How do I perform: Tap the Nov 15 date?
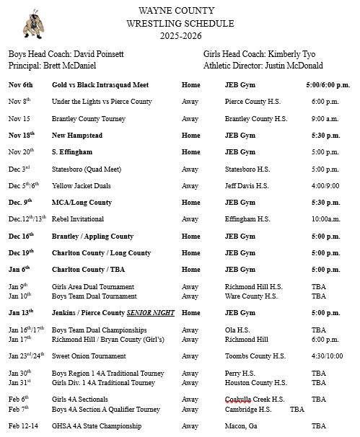[x=19, y=119]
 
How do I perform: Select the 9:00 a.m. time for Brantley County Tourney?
[x=325, y=119]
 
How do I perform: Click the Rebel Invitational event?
[x=78, y=219]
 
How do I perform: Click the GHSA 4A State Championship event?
[x=96, y=426]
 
